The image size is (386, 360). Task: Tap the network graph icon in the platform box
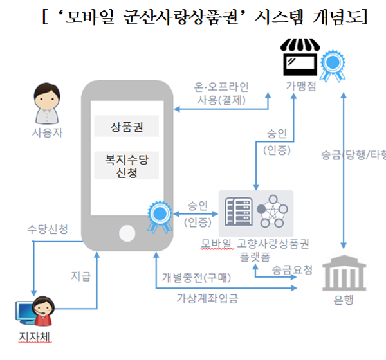273,212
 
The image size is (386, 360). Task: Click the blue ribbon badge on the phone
158,215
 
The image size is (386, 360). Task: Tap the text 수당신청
48,229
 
